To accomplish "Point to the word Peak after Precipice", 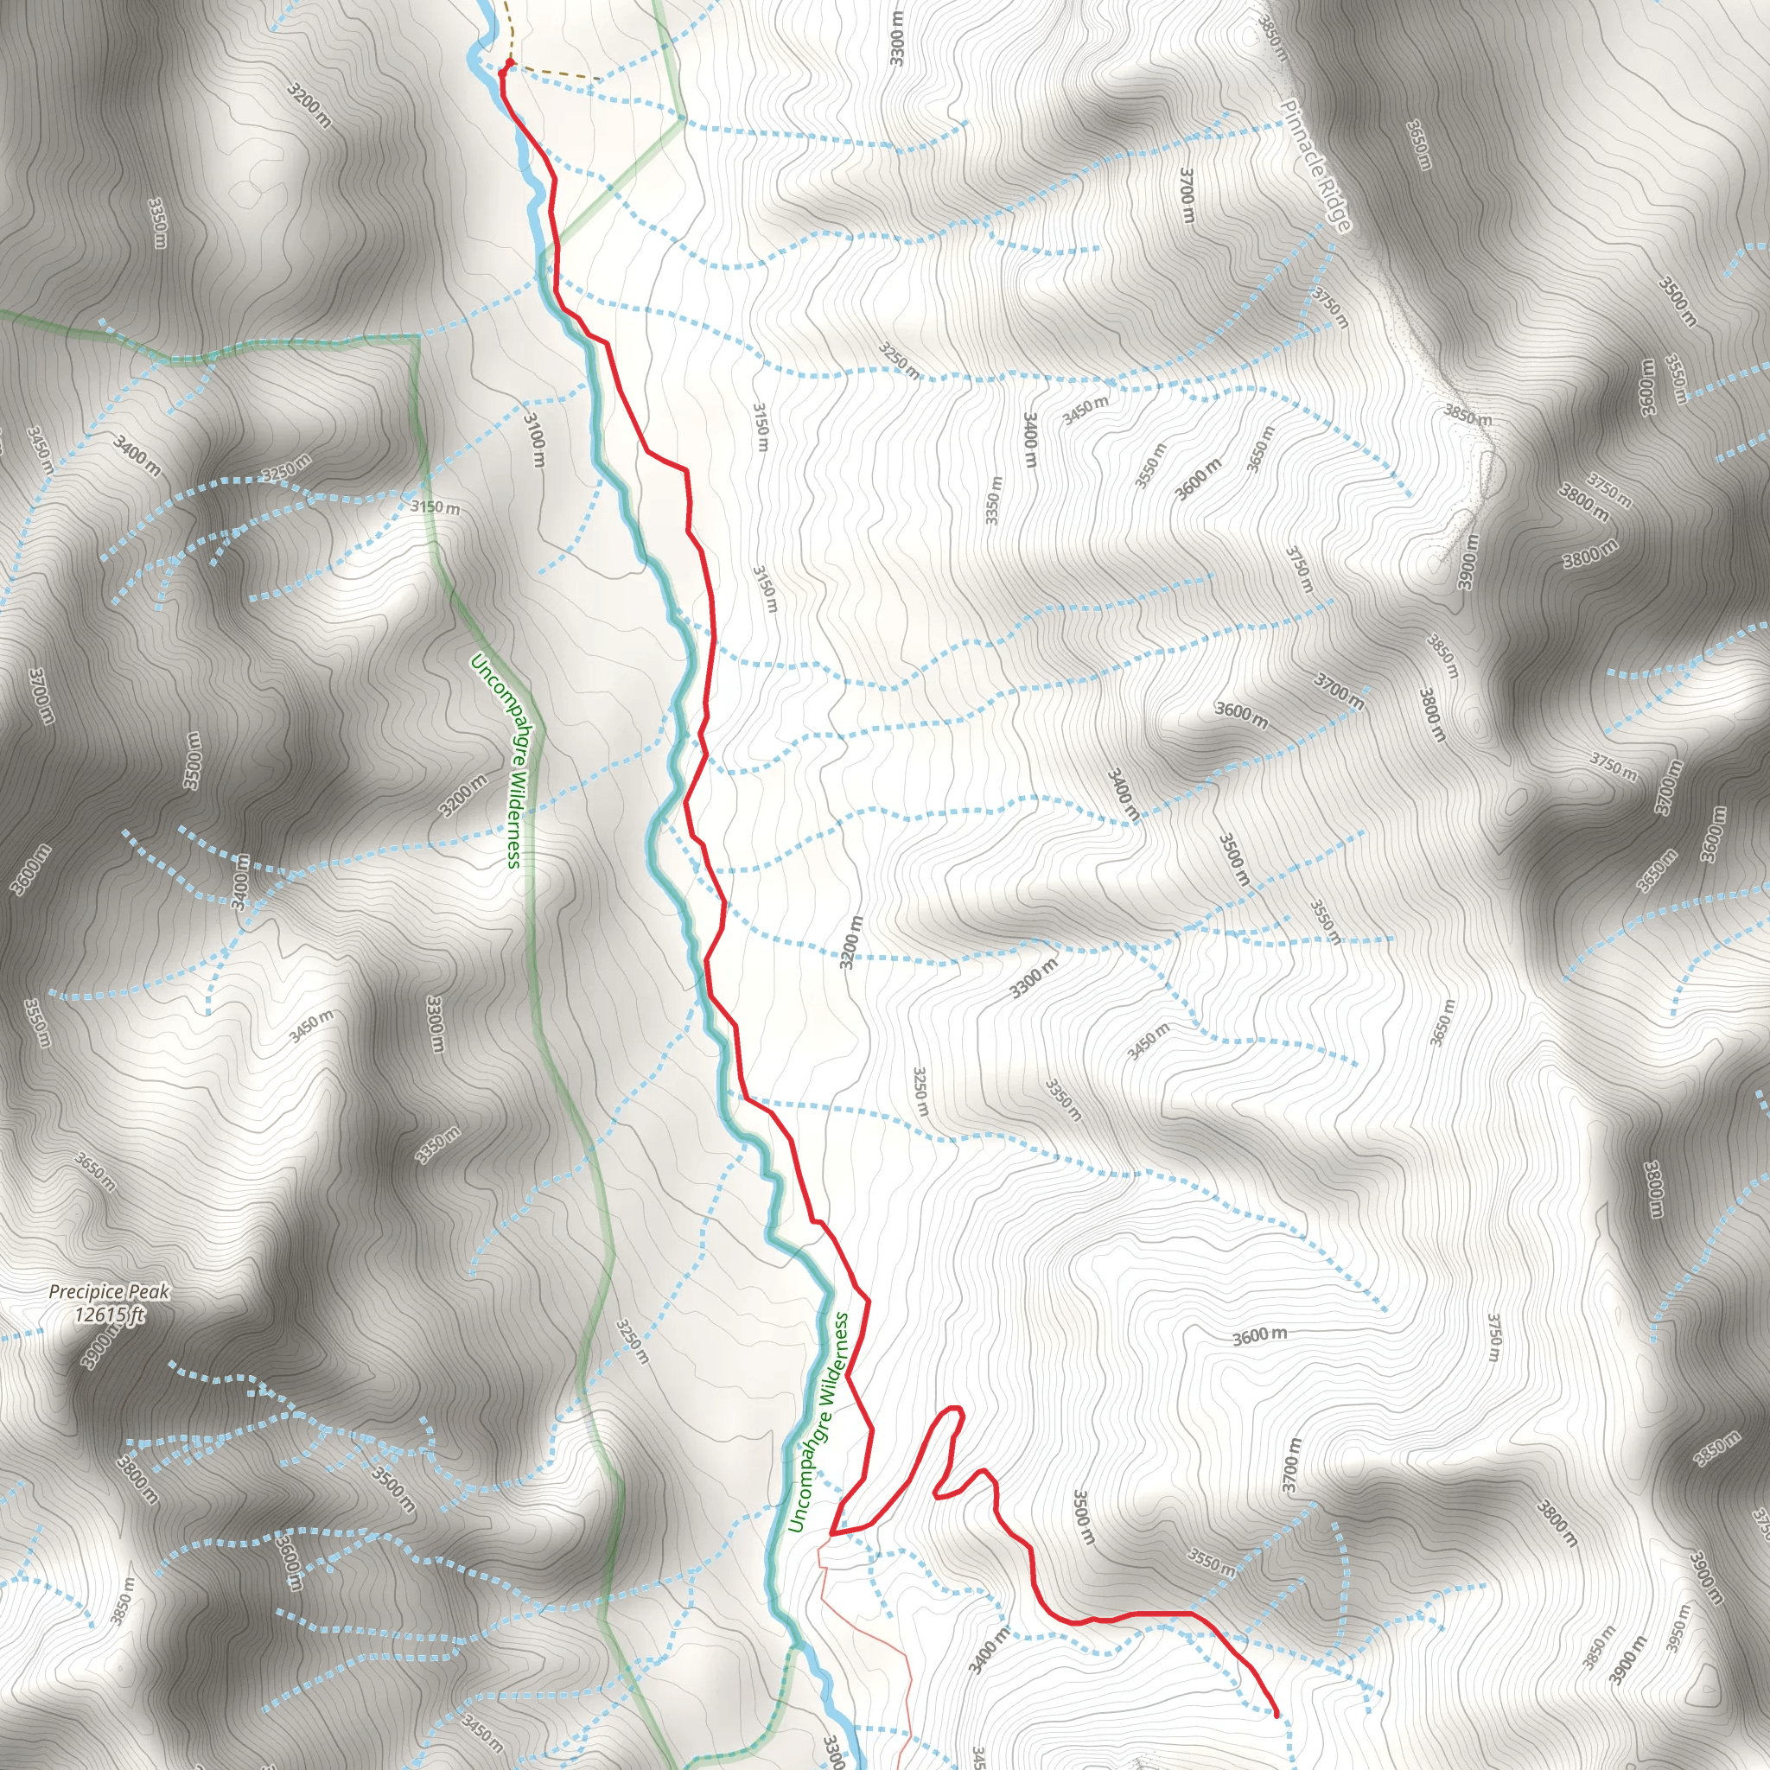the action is coord(149,1292).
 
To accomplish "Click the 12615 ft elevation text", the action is coord(109,1316).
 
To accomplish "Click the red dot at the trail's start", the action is coord(510,63).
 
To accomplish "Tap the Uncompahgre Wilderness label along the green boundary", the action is coord(497,761).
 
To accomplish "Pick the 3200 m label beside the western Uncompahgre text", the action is coord(462,795).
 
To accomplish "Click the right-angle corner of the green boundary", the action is coord(418,337).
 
